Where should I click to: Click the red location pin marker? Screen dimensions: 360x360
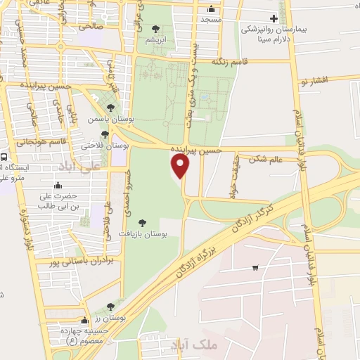click(181, 166)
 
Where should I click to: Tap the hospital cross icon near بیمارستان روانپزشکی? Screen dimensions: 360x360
click(274, 18)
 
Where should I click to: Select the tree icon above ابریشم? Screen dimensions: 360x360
click(155, 29)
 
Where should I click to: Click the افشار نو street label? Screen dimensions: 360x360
click(314, 82)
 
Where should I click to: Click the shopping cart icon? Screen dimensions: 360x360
click(255, 267)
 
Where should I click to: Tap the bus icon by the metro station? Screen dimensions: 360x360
click(4, 157)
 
